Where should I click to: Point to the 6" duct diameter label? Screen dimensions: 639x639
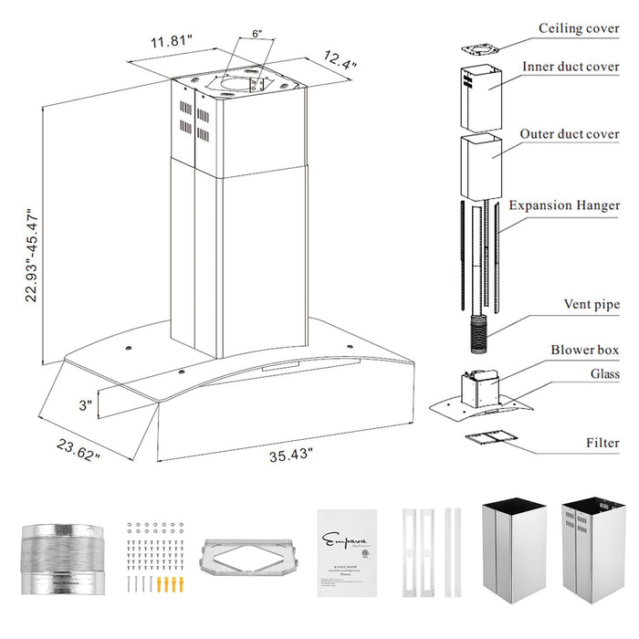[x=257, y=34]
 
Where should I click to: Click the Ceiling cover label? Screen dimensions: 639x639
[x=579, y=28]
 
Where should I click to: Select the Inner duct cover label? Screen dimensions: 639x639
[x=571, y=68]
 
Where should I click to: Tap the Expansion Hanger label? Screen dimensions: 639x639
[x=564, y=206]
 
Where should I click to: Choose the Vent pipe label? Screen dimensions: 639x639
[x=592, y=304]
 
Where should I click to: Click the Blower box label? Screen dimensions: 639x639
[x=585, y=350]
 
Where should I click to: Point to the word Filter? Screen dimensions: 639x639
[x=602, y=443]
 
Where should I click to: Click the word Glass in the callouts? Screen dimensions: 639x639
[x=604, y=374]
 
